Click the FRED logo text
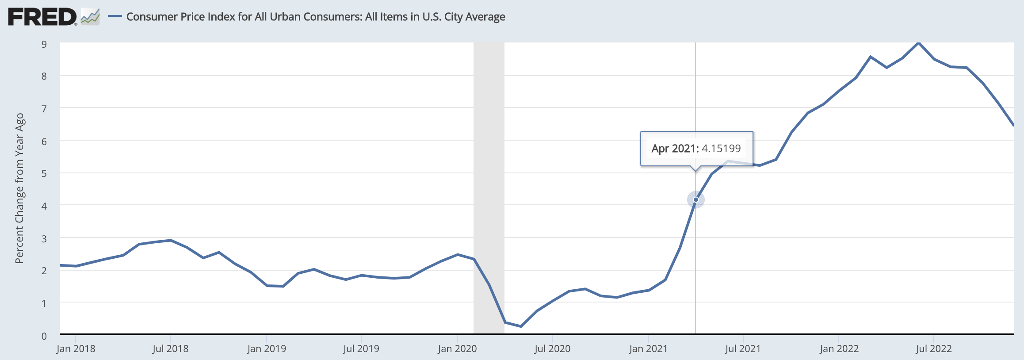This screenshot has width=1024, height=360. click(42, 17)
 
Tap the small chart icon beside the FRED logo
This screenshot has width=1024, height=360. click(90, 17)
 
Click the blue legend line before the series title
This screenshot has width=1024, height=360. click(115, 17)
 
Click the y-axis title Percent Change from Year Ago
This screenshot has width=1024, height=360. click(19, 188)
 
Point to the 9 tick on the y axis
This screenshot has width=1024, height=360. click(44, 44)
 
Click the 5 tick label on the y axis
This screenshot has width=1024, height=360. click(44, 173)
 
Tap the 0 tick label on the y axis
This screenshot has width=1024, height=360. click(44, 336)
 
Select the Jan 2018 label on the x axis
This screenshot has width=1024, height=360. click(76, 349)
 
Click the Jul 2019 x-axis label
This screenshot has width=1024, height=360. click(361, 349)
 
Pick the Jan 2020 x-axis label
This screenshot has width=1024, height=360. click(457, 349)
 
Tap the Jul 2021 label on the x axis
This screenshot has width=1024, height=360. click(743, 349)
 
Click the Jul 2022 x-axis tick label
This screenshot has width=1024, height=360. click(933, 349)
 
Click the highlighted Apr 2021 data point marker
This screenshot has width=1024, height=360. click(695, 200)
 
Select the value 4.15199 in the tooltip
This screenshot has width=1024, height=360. click(721, 149)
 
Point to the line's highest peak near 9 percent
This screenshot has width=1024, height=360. click(918, 43)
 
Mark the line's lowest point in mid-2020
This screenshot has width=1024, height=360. click(521, 326)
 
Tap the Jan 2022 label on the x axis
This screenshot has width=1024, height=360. click(839, 349)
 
